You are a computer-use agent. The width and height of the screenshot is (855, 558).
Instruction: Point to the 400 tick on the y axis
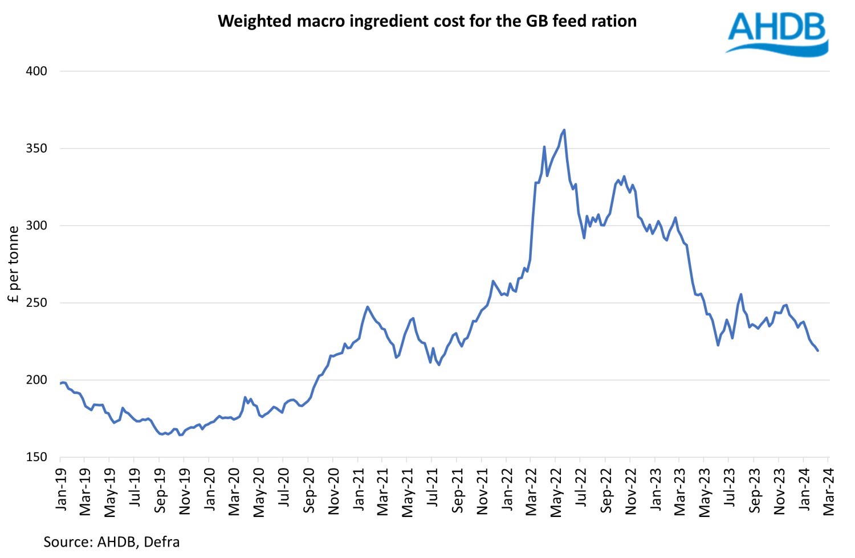tap(36, 71)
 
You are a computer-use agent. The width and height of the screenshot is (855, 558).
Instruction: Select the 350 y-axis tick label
tap(36, 149)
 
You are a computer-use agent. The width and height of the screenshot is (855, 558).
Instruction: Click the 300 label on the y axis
tap(36, 225)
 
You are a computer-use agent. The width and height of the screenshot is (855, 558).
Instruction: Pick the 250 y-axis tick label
tap(36, 303)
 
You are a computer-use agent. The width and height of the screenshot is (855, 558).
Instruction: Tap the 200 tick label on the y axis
tap(36, 380)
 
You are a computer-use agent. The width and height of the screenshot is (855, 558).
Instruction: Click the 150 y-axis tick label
tap(36, 457)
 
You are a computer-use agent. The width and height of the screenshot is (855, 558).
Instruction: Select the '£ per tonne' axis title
tap(14, 264)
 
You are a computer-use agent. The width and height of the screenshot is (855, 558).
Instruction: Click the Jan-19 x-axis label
tap(60, 488)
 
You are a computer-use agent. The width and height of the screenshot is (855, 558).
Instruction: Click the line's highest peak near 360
tap(564, 130)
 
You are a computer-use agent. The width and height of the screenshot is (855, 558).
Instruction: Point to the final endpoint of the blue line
tap(818, 351)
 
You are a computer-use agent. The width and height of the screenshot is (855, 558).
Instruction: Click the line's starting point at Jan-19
tap(60, 383)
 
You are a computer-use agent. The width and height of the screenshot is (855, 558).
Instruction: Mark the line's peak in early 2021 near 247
tap(368, 307)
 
